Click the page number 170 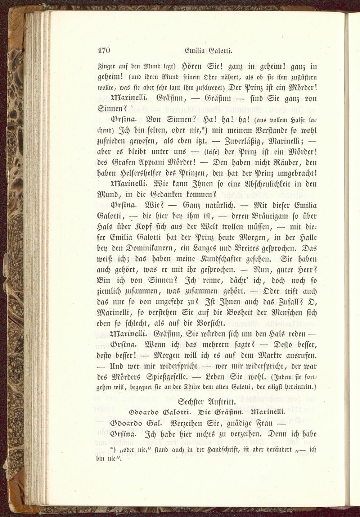point(103,50)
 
